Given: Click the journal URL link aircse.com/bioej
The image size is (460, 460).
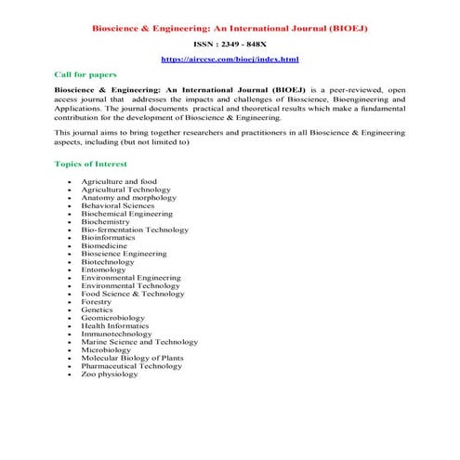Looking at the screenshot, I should point(230,59).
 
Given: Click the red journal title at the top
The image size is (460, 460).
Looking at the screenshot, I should point(230,28).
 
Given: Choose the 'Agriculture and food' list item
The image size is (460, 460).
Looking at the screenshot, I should point(119,181).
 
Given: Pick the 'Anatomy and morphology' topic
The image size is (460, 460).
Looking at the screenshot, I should point(128,197).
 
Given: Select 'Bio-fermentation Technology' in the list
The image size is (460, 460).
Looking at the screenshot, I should point(135,230).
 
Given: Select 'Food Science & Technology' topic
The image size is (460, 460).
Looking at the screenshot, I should point(134,294).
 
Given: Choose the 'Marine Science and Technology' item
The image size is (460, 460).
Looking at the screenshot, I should point(139,342).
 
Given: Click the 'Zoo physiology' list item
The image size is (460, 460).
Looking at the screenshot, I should point(113,374).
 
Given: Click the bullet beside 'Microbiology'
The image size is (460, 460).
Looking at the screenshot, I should point(70,350).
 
